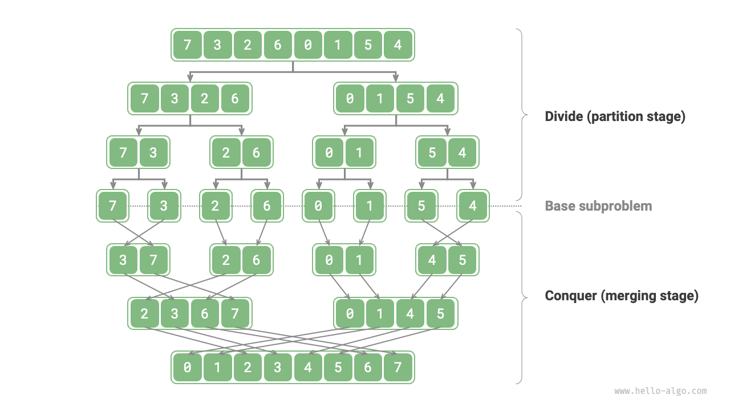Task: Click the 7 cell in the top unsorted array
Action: point(187,45)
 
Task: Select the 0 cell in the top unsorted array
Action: point(308,45)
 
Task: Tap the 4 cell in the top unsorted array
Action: point(398,45)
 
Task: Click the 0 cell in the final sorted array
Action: point(187,367)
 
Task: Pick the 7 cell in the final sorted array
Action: point(398,367)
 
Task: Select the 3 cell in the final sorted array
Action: point(278,367)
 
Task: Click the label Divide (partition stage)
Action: point(615,116)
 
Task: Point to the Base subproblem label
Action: point(598,206)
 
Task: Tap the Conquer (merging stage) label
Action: point(622,296)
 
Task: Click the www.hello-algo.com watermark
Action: point(660,391)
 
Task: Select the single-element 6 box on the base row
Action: point(267,205)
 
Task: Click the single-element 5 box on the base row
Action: point(421,205)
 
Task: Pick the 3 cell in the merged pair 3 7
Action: point(123,260)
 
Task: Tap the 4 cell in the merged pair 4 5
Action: point(432,260)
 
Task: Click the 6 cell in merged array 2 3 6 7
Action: point(205,313)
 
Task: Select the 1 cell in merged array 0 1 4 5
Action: point(380,313)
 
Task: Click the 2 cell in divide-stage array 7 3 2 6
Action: point(205,99)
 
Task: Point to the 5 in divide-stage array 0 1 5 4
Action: point(410,99)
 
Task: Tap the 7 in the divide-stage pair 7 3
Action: point(123,152)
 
